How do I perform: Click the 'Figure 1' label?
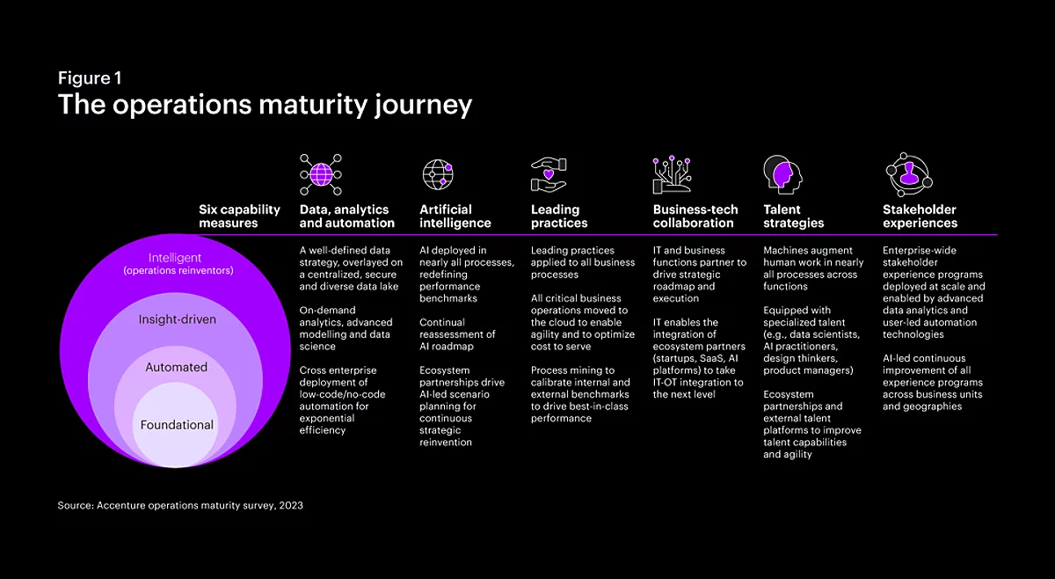click(x=90, y=77)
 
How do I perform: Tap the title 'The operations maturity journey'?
click(x=265, y=105)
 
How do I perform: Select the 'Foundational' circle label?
click(x=177, y=425)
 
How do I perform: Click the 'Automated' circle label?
click(x=176, y=367)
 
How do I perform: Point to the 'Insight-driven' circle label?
click(x=177, y=319)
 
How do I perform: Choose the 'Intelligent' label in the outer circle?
click(x=175, y=258)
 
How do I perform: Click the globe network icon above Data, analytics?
click(x=321, y=174)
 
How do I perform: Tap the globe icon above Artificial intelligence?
click(x=438, y=174)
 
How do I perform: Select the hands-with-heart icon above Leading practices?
click(x=549, y=174)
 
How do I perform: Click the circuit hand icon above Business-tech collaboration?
click(x=672, y=174)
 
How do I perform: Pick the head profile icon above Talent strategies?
click(x=782, y=174)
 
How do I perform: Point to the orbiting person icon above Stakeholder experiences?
click(x=909, y=174)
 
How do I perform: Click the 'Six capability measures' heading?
click(x=239, y=216)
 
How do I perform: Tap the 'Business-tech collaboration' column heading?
click(x=695, y=216)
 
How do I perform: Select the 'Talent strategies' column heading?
click(x=794, y=216)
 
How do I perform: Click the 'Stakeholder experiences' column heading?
click(x=920, y=216)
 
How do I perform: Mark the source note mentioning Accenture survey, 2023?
click(x=180, y=505)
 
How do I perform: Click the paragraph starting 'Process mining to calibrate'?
click(x=580, y=394)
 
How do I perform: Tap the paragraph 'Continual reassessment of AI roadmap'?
click(x=457, y=334)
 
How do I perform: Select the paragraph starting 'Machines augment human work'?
click(x=813, y=268)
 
